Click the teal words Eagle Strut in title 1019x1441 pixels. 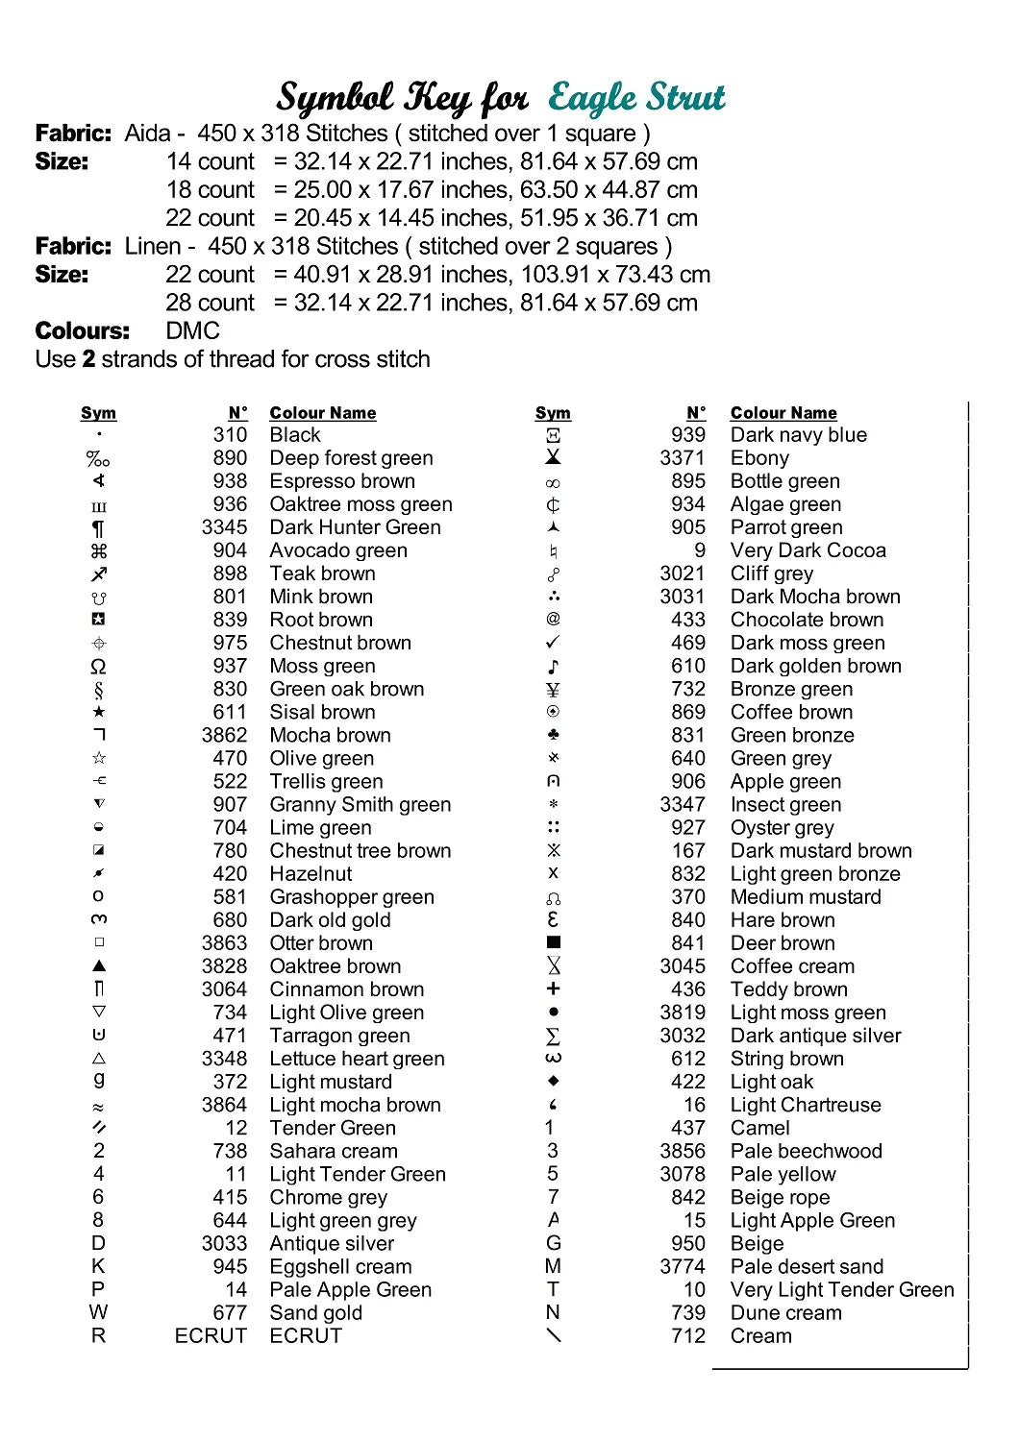636,98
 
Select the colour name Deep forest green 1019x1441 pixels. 351,458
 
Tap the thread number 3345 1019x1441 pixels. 224,527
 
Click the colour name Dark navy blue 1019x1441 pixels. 798,435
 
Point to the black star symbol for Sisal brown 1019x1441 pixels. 98,712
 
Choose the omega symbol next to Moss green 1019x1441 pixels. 98,666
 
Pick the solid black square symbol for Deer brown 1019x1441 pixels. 553,943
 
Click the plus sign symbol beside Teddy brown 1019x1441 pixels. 553,989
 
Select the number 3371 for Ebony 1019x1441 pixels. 683,458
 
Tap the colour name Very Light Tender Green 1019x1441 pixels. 842,1289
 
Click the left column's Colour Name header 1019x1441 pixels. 323,413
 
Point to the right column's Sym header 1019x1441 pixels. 553,413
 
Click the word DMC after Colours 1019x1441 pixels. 193,331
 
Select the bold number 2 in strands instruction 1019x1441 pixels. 88,359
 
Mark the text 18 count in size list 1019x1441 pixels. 211,190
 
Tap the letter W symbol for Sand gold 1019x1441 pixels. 98,1312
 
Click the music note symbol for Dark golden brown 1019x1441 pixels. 553,666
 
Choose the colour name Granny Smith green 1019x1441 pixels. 360,805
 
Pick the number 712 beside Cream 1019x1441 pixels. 688,1335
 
